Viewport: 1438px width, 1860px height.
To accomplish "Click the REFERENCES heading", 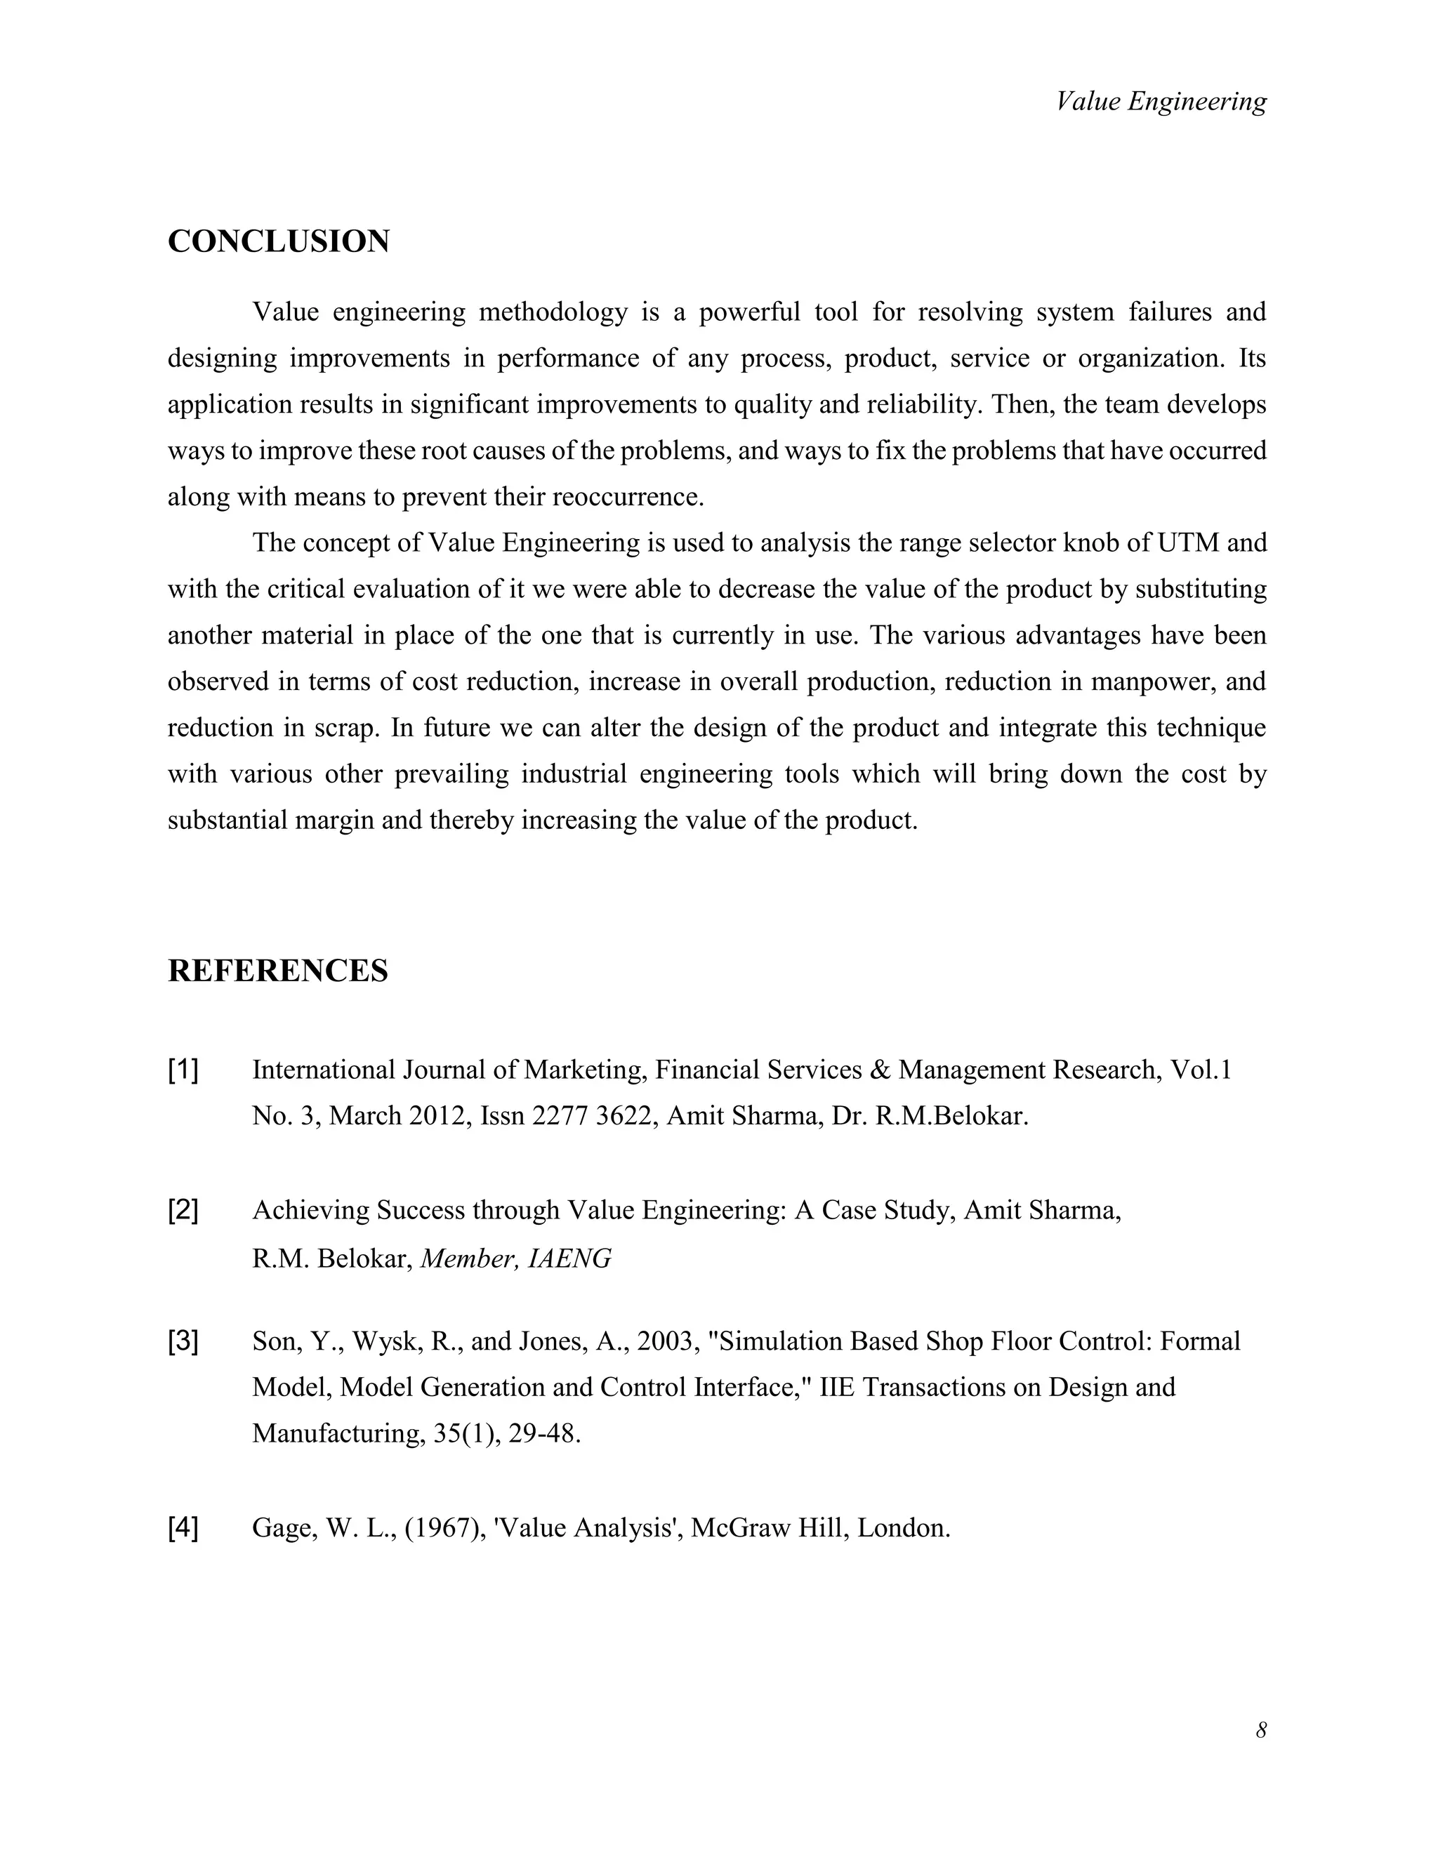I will pos(278,971).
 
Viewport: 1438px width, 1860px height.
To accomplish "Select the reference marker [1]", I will pos(183,1070).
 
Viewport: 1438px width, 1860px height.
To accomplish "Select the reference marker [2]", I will pos(183,1210).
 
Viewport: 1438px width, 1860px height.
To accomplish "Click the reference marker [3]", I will pos(183,1342).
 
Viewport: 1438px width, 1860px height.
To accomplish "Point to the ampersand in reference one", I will pos(881,1070).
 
